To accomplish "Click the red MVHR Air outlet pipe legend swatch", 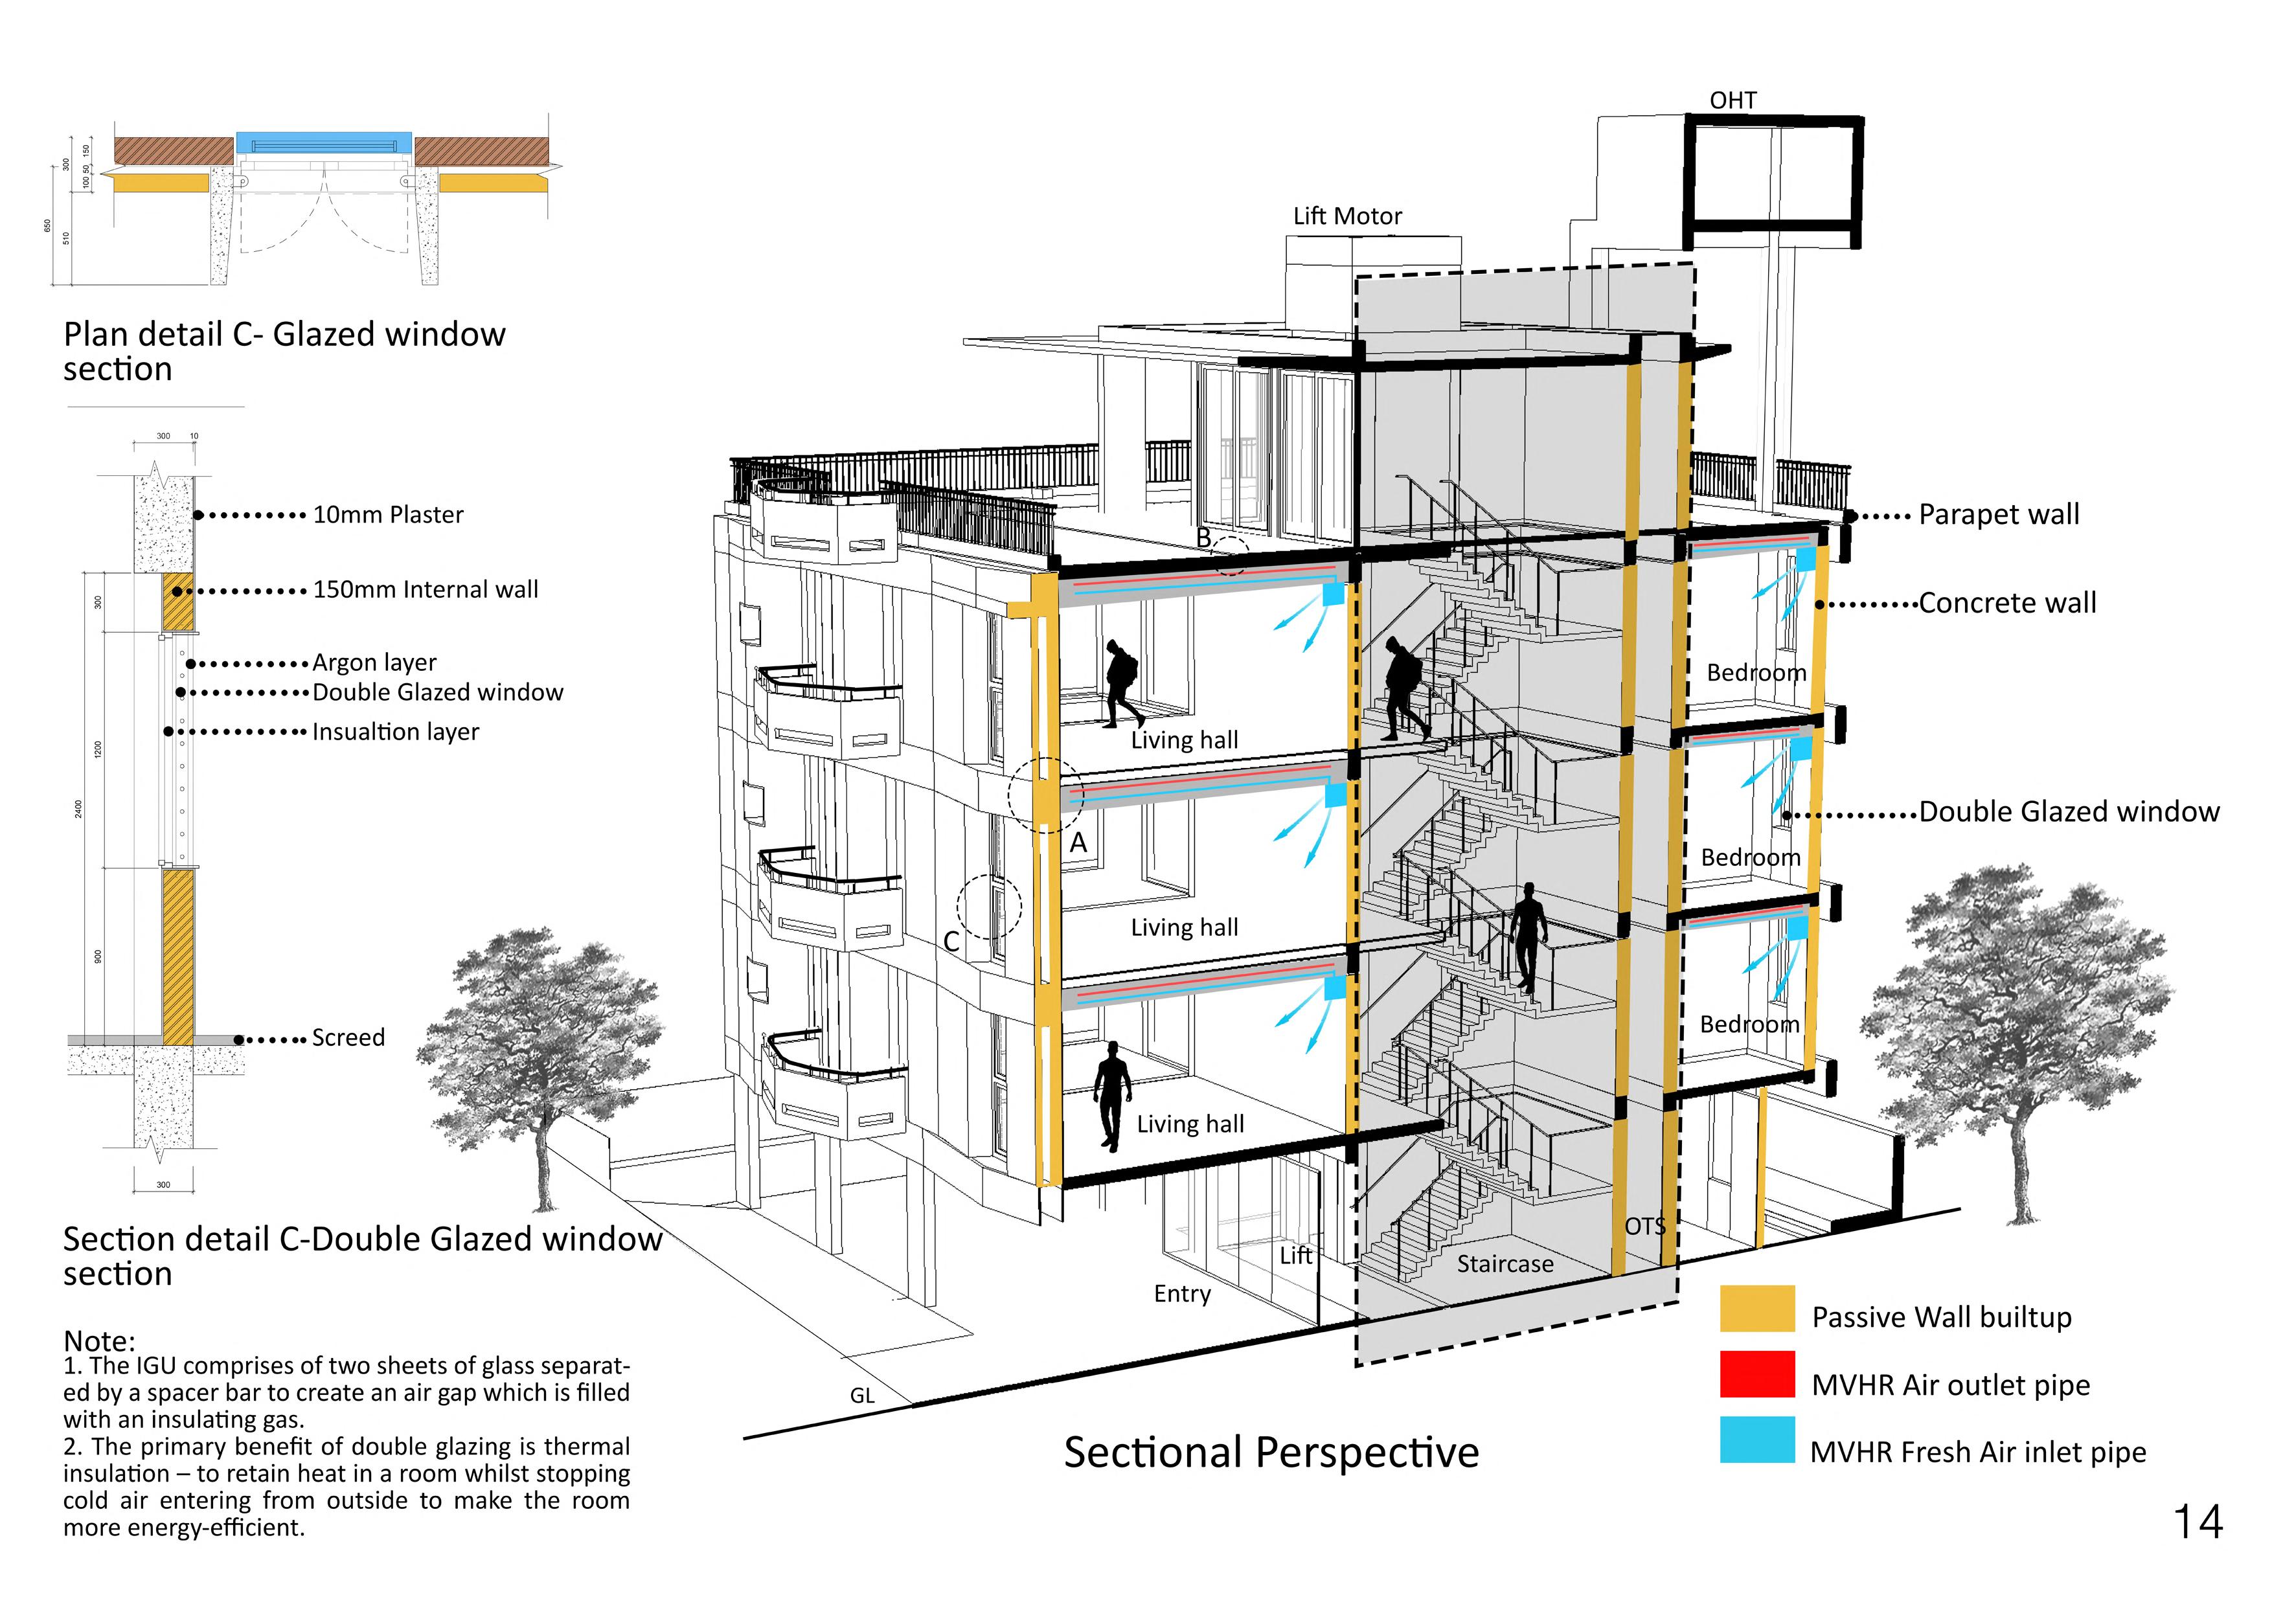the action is [x=1756, y=1374].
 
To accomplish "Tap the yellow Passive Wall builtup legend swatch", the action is [x=1756, y=1308].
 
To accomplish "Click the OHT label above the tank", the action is [x=1732, y=101].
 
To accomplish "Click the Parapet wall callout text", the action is [x=1998, y=515].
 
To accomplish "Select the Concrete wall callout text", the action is [x=2007, y=604].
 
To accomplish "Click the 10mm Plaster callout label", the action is [x=388, y=515].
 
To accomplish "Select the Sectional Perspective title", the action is [x=1271, y=1453].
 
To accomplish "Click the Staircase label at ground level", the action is [x=1504, y=1263].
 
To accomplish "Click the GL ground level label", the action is [x=862, y=1396].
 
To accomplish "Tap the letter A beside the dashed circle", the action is [x=1078, y=843].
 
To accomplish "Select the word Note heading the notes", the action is [x=99, y=1340].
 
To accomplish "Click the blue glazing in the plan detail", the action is [x=324, y=142].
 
